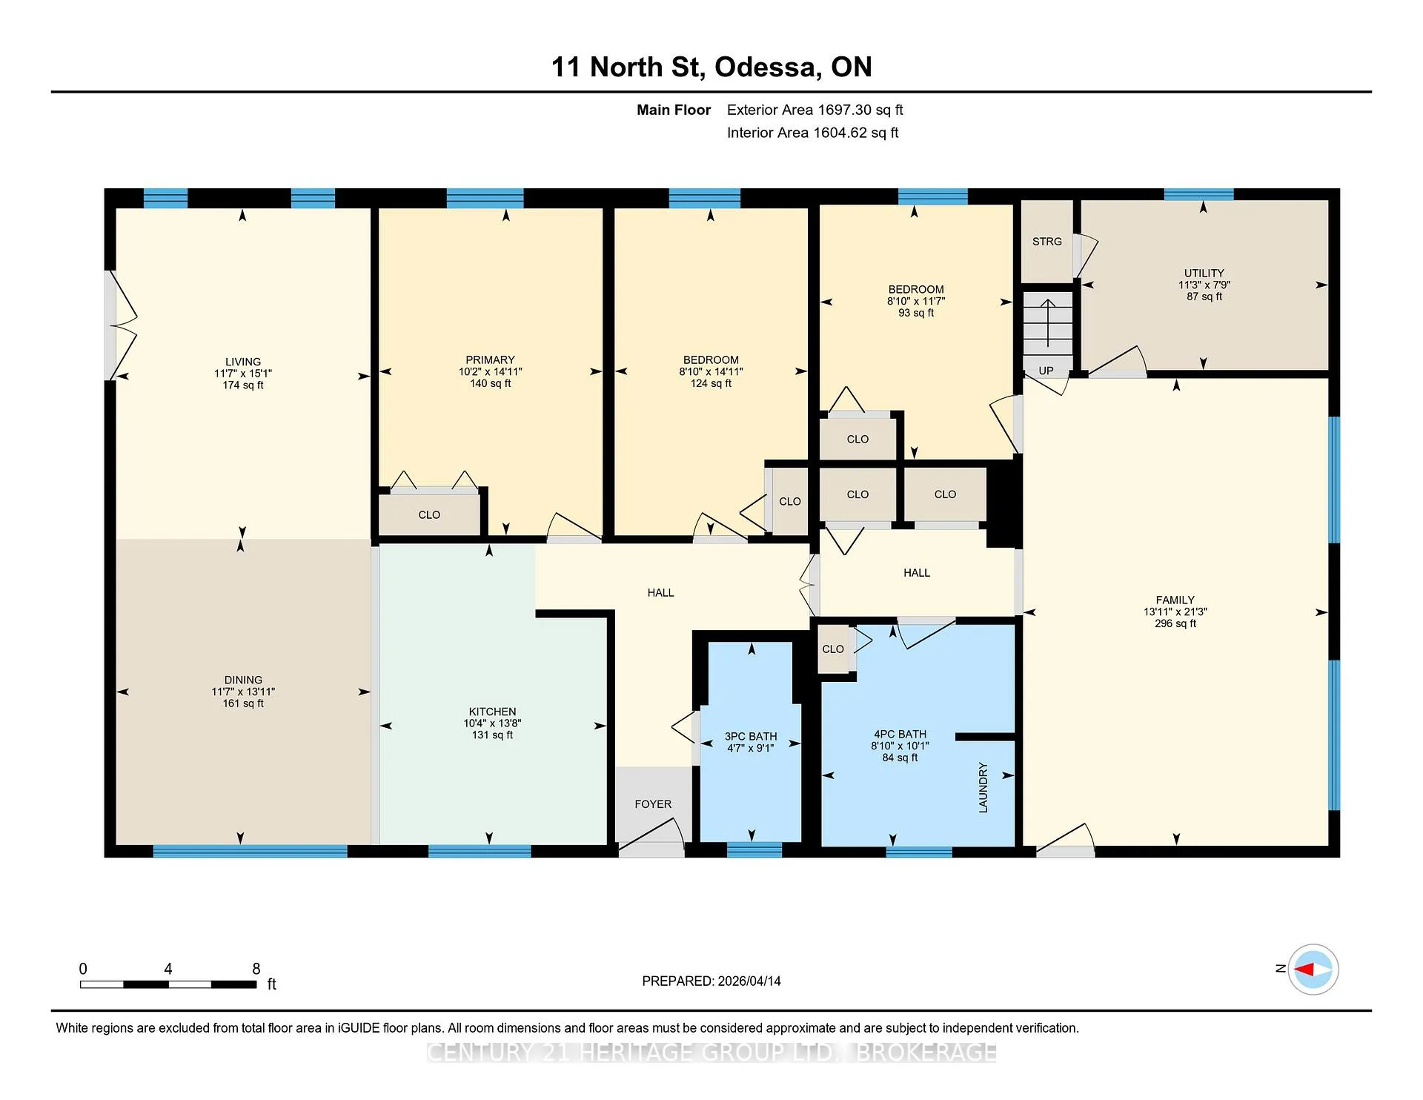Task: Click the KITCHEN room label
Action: coord(492,712)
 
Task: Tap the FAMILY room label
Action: coord(1175,600)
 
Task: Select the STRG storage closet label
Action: coord(1047,242)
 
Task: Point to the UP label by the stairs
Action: coord(1046,371)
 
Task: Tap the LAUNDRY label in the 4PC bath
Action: coord(984,787)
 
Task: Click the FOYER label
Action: coord(653,804)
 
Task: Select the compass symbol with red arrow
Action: coord(1313,969)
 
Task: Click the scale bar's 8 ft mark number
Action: coord(256,969)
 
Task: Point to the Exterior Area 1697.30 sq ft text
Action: coord(815,110)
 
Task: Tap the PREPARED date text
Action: coord(711,981)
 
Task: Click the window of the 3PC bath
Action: coord(754,850)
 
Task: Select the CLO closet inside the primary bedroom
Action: coord(429,514)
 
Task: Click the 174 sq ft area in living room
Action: coord(243,385)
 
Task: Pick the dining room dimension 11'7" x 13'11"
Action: coord(243,692)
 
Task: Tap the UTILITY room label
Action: coord(1204,274)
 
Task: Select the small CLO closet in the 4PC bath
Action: coord(833,649)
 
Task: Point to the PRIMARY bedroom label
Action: coord(490,360)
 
